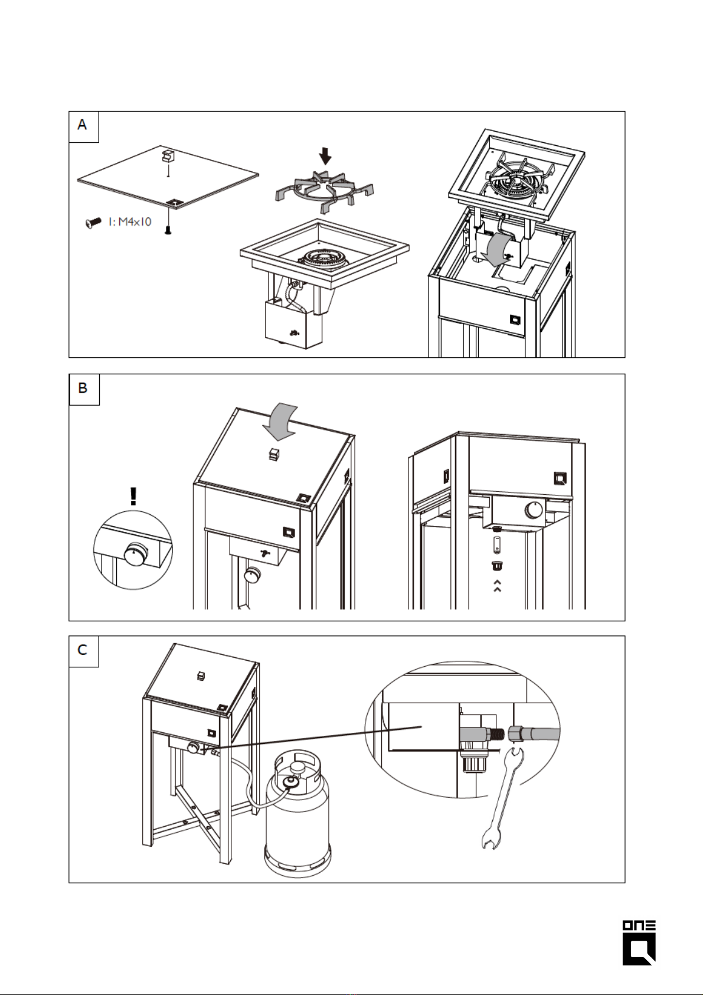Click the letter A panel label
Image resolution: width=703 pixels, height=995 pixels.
point(83,125)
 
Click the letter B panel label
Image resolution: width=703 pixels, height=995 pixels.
point(83,388)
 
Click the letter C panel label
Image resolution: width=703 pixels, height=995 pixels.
point(83,650)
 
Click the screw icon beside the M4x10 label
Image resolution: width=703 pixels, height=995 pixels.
point(93,223)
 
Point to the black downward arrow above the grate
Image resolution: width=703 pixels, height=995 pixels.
point(325,156)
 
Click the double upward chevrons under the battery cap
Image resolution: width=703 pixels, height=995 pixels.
point(497,585)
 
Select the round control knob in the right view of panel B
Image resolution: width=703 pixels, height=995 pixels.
point(535,510)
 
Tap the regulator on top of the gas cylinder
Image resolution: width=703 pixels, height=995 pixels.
point(290,781)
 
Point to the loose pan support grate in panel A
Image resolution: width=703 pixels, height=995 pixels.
point(324,191)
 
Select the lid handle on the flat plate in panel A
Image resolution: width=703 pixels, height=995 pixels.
point(168,156)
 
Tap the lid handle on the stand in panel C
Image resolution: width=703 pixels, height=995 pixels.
point(201,676)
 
